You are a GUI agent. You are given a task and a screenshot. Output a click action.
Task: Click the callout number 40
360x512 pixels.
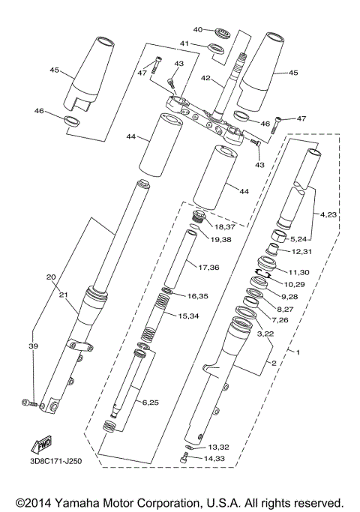click(197, 30)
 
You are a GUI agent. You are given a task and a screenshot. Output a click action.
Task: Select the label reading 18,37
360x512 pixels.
click(225, 226)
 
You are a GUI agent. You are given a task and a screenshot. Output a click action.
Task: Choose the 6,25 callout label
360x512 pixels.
click(151, 403)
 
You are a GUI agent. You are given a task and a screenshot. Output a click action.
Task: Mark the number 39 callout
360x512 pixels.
click(32, 346)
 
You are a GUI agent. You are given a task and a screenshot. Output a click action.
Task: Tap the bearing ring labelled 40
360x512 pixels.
click(221, 32)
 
